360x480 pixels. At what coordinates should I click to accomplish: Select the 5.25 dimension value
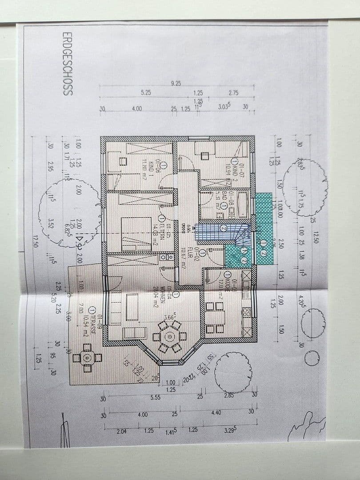click(x=146, y=93)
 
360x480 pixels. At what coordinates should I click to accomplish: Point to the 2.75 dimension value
click(x=234, y=93)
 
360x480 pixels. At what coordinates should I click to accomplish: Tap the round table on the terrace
click(x=88, y=358)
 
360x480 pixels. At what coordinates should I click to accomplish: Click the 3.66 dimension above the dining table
click(x=169, y=317)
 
